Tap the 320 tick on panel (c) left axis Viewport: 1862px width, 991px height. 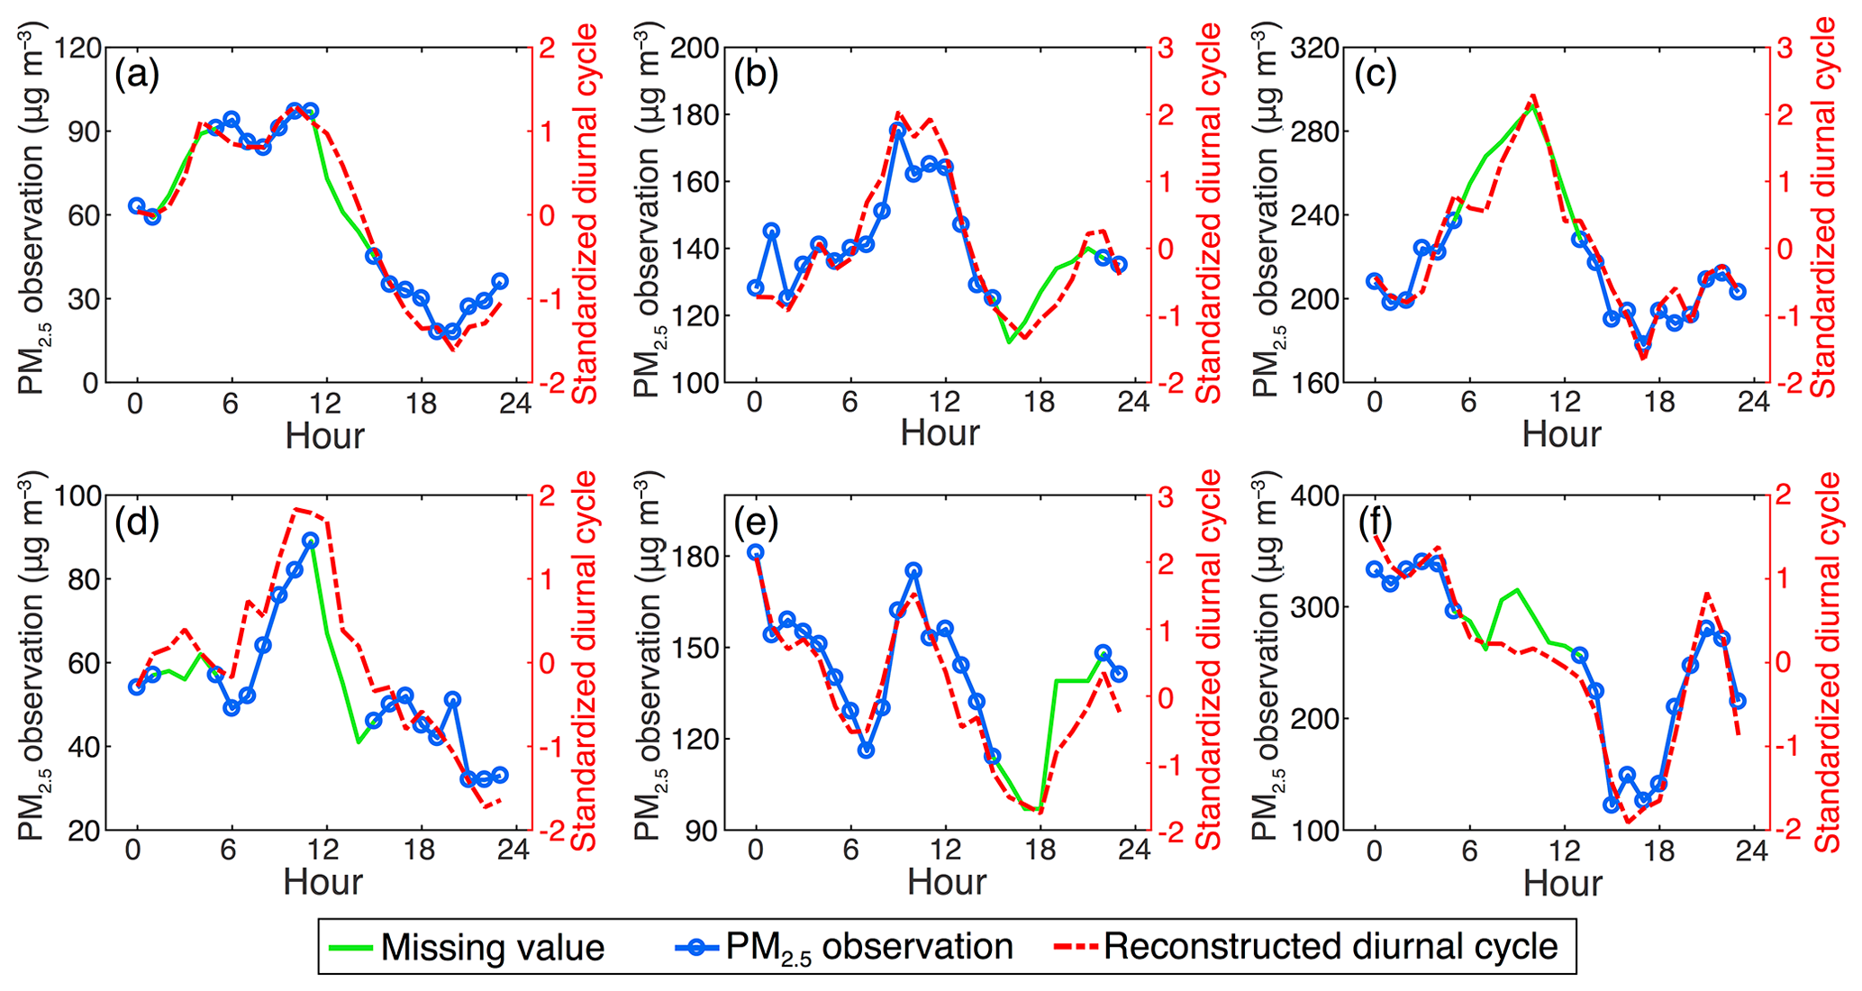point(1315,48)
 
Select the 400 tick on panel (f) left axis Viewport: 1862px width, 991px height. point(1315,495)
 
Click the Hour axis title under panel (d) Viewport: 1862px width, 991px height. point(322,881)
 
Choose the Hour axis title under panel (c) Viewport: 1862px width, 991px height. point(1561,434)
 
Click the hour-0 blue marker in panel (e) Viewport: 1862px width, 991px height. point(756,552)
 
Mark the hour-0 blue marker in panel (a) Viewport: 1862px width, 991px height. point(136,206)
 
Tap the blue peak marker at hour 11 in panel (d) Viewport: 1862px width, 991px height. point(311,541)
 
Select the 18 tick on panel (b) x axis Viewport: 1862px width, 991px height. point(1040,402)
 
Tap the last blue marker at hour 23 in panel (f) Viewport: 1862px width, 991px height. point(1739,700)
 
